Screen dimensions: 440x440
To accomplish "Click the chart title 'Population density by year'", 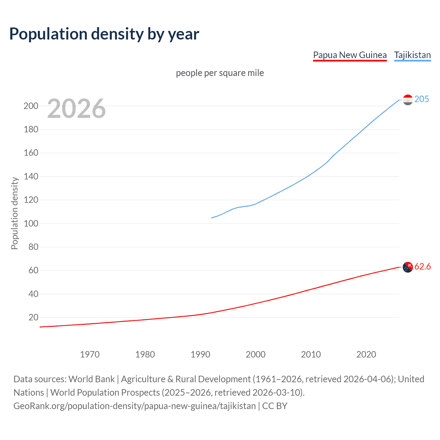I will (104, 34).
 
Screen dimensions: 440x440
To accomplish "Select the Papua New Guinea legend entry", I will (350, 55).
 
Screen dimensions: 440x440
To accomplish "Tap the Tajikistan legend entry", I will (412, 55).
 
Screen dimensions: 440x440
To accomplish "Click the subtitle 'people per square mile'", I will (220, 73).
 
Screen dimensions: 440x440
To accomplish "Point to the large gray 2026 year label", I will (76, 109).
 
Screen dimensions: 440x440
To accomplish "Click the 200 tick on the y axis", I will (31, 106).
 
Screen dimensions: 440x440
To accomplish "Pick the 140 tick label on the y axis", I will (31, 177).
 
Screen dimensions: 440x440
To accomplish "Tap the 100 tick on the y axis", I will (31, 223).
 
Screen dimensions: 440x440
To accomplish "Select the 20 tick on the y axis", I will (33, 317).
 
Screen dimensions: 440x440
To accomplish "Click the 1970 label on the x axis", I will (90, 354).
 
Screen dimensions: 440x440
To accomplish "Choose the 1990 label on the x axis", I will (200, 354).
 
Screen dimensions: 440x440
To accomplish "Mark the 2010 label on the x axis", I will (311, 354).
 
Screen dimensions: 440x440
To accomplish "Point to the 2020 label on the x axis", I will (366, 354).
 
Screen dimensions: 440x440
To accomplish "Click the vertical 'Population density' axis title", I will (14, 213).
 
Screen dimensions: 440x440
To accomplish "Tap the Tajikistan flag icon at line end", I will (408, 100).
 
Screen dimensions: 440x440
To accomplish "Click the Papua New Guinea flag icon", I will (408, 267).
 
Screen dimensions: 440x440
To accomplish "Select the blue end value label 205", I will (421, 99).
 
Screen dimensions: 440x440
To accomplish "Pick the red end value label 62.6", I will (422, 267).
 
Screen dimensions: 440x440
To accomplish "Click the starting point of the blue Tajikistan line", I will (211, 218).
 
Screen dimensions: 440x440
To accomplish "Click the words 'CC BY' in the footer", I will (275, 406).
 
